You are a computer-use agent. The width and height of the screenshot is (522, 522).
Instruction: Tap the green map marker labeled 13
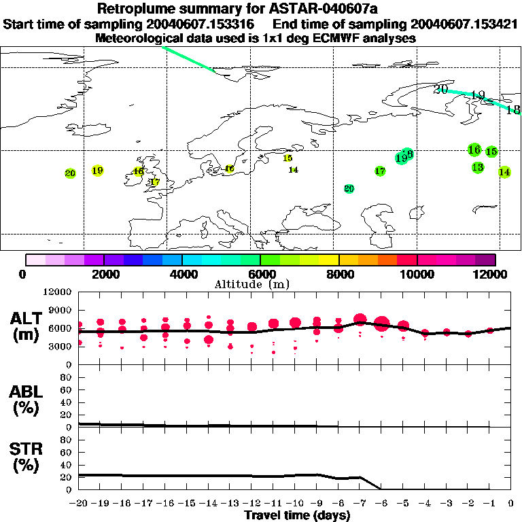point(477,167)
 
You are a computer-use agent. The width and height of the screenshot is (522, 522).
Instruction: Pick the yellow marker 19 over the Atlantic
point(97,171)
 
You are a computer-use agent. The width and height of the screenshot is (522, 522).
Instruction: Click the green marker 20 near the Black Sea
point(349,188)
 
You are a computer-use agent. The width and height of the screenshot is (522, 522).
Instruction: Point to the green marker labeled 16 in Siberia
point(474,150)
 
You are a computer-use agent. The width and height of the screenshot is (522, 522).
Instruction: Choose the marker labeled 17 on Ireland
point(154,182)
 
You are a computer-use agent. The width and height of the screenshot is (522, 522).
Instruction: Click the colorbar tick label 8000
point(339,274)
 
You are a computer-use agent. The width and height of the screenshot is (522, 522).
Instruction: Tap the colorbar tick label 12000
point(493,274)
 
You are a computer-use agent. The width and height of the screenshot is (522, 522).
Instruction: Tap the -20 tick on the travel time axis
point(79,504)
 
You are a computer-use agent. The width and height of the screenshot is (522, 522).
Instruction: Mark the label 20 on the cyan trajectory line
point(441,89)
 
